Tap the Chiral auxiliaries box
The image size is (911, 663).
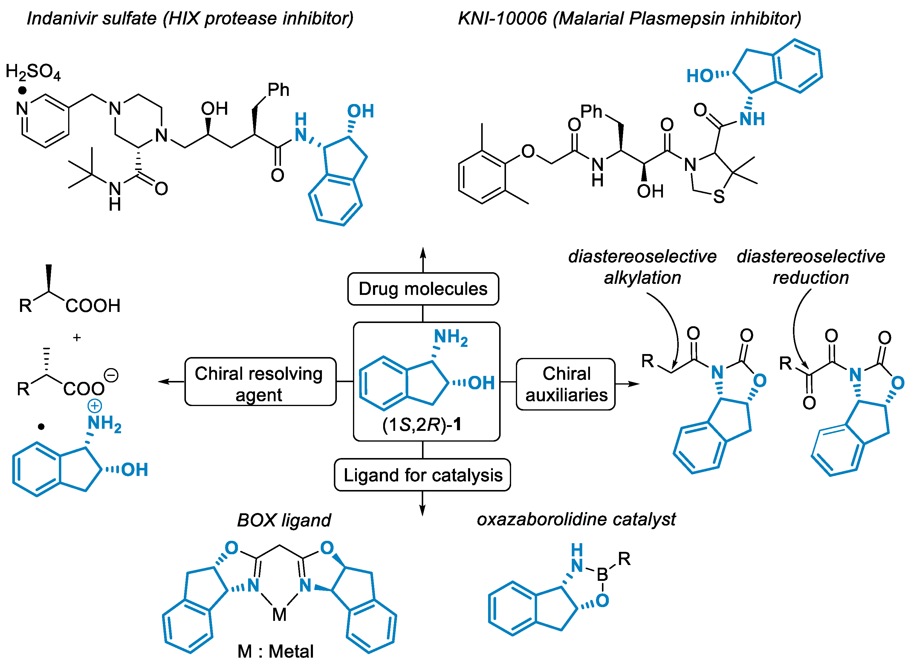click(565, 384)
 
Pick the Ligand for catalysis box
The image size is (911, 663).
click(423, 475)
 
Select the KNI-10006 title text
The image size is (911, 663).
click(502, 19)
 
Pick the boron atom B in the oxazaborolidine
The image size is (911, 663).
click(602, 575)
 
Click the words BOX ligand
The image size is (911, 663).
click(284, 520)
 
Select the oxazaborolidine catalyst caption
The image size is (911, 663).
click(576, 519)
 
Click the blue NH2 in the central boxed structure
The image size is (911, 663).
click(451, 337)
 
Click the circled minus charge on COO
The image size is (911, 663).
click(111, 376)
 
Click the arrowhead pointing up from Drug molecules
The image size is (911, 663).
click(423, 253)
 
